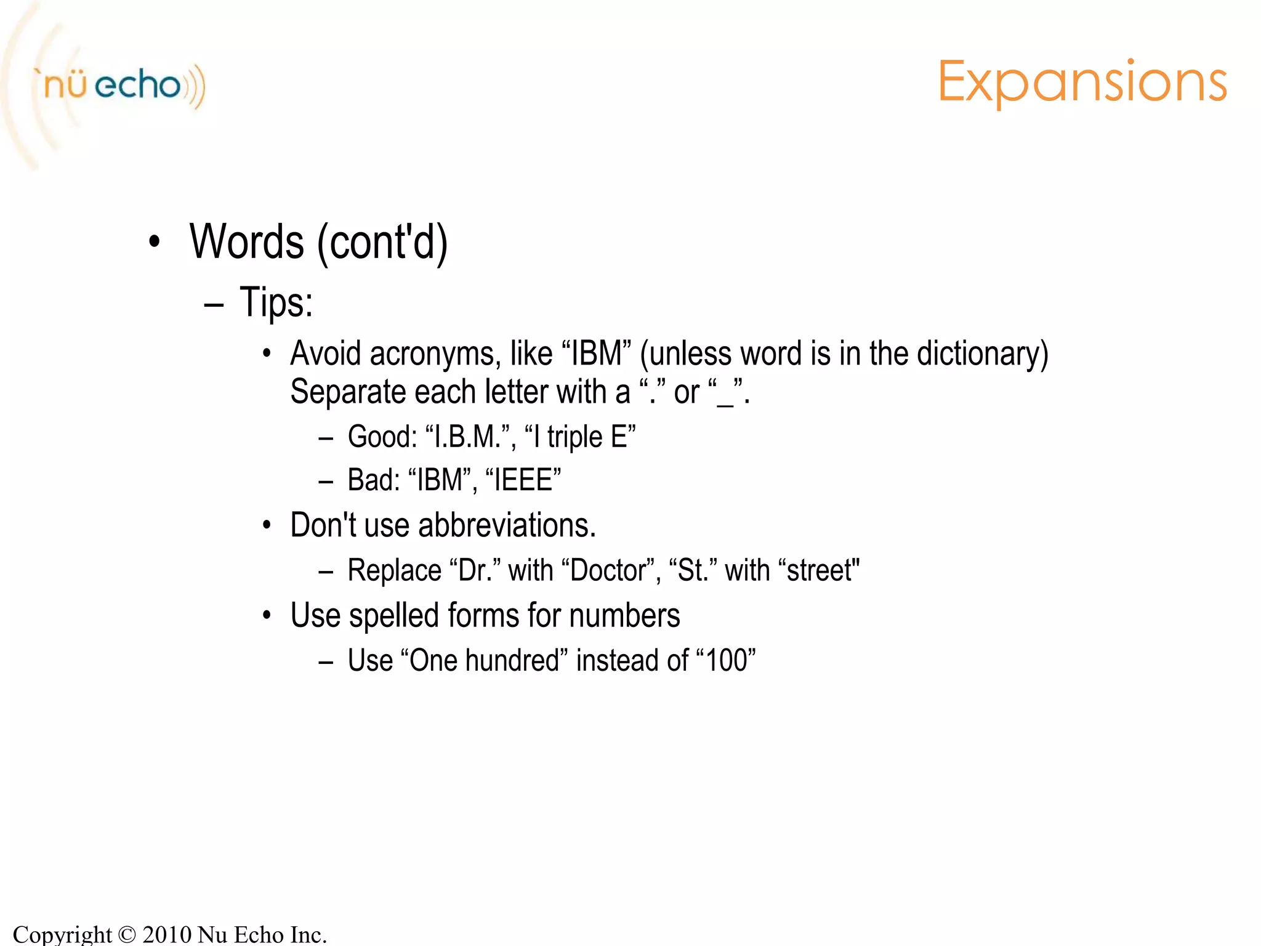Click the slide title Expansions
tap(1082, 83)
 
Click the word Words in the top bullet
tap(246, 242)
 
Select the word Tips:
tap(276, 303)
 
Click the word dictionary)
tap(982, 354)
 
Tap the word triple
tap(574, 438)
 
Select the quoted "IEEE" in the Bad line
tap(523, 480)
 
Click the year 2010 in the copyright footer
tap(167, 934)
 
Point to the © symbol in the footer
tap(126, 935)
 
